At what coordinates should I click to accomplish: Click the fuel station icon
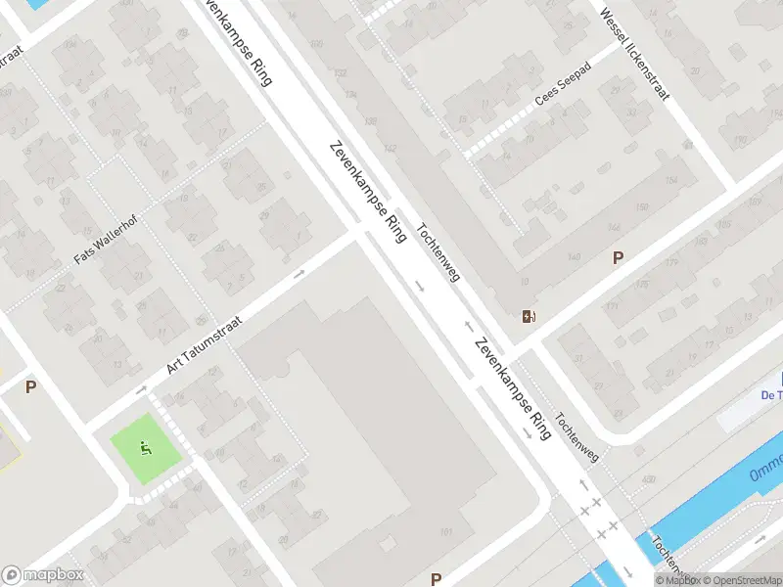529,315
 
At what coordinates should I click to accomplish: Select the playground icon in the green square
147,449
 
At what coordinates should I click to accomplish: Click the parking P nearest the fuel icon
618,258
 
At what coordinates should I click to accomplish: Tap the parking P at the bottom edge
436,579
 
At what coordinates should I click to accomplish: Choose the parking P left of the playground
30,387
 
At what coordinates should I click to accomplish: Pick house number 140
574,256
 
